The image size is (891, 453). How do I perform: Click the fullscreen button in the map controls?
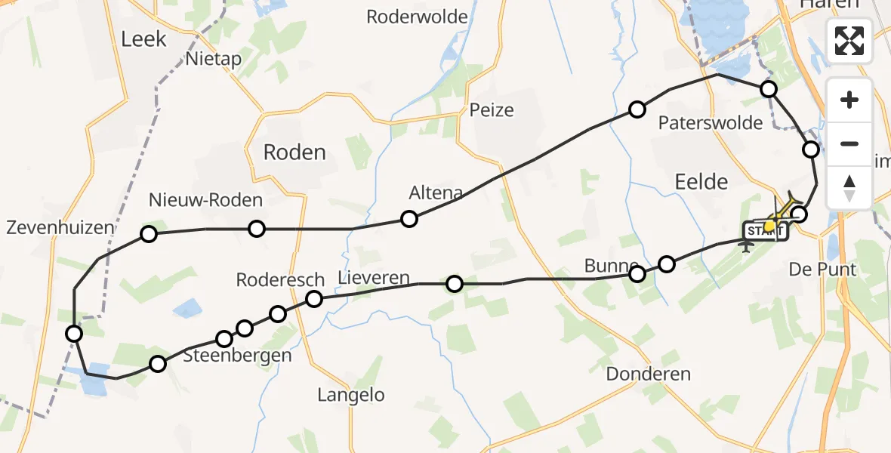point(849,40)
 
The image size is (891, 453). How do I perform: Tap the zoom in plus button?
point(849,100)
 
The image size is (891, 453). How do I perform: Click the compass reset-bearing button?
point(849,187)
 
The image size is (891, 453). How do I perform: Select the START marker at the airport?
point(764,230)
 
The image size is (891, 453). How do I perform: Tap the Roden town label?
point(294,153)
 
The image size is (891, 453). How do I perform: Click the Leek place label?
point(143,39)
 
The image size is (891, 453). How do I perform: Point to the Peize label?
point(492,110)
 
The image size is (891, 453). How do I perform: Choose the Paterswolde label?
point(711,123)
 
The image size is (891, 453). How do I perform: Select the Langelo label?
point(350,395)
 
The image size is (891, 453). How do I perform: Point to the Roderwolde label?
point(417,17)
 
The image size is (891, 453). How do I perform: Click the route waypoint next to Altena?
point(409,219)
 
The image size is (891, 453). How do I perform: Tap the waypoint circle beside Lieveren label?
point(313,300)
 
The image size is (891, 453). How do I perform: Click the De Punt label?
point(822,270)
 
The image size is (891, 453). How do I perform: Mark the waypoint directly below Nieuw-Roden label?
point(257,229)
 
